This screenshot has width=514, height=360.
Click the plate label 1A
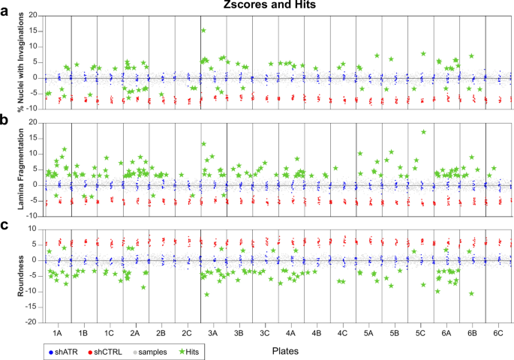click(58, 331)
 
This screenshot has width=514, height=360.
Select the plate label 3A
click(213, 331)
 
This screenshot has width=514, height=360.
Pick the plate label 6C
click(498, 331)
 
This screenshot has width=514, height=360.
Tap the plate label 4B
click(317, 331)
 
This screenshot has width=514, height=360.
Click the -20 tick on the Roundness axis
click(33, 322)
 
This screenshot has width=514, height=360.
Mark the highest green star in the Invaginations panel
click(203, 31)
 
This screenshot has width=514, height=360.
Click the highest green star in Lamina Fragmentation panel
click(424, 132)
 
